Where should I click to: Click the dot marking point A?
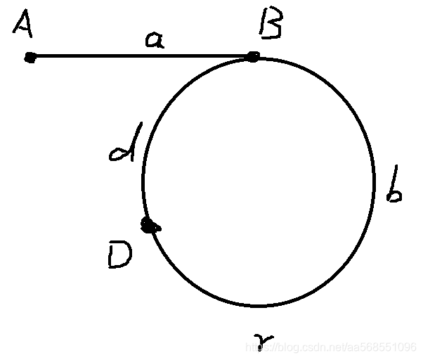tap(30, 58)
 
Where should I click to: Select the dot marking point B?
tap(252, 56)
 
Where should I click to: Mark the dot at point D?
tap(149, 226)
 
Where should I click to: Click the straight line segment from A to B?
tap(141, 56)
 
